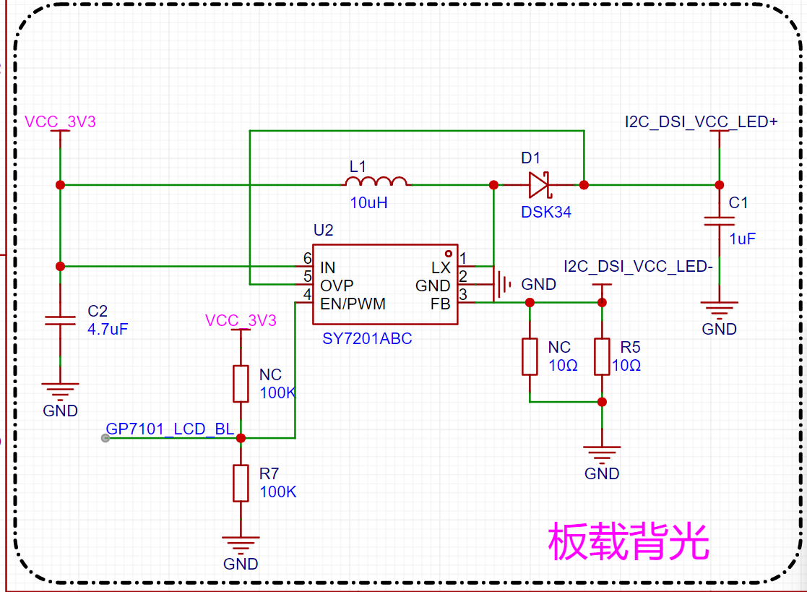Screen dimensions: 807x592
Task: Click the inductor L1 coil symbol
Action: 376,181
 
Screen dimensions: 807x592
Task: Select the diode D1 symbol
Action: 540,185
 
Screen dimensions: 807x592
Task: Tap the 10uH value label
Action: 368,203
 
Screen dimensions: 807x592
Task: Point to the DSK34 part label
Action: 546,212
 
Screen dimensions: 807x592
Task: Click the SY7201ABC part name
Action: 367,339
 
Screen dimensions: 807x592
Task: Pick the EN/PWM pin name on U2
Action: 353,304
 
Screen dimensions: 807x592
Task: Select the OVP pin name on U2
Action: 337,286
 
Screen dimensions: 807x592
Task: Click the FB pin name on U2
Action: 441,304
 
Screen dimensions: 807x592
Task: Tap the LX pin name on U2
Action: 441,267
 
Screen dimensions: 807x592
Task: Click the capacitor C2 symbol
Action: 60,321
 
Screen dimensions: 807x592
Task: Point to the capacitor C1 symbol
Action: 719,221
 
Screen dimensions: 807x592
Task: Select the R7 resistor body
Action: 241,483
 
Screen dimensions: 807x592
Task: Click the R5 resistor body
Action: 602,356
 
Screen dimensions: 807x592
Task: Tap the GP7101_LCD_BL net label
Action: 170,429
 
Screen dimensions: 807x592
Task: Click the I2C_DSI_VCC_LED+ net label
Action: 701,122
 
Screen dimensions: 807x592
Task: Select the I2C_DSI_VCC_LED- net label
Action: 638,266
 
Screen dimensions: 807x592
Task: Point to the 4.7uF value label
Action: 108,329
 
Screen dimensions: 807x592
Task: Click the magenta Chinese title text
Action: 629,541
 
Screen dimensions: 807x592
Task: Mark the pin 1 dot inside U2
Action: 448,254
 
